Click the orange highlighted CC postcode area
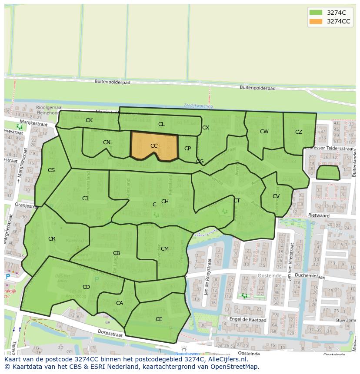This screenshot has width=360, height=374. pyautogui.click(x=154, y=146)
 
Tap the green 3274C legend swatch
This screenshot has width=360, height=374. pyautogui.click(x=315, y=13)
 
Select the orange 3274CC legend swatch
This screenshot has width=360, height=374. pyautogui.click(x=315, y=21)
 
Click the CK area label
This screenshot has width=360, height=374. pyautogui.click(x=89, y=120)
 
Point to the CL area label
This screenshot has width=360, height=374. pyautogui.click(x=161, y=124)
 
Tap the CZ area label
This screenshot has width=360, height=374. pyautogui.click(x=299, y=132)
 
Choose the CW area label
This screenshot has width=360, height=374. pyautogui.click(x=264, y=132)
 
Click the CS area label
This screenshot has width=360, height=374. pyautogui.click(x=51, y=170)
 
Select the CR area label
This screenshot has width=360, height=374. pyautogui.click(x=52, y=239)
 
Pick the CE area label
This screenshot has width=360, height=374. pyautogui.click(x=159, y=319)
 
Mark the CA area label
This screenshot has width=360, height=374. pyautogui.click(x=120, y=303)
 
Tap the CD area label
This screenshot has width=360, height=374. pyautogui.click(x=86, y=287)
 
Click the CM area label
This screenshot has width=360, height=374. pyautogui.click(x=165, y=249)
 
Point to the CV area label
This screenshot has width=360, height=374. pyautogui.click(x=276, y=196)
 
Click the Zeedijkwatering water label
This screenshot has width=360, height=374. pyautogui.click(x=198, y=106)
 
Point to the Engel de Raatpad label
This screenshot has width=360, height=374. pyautogui.click(x=248, y=319)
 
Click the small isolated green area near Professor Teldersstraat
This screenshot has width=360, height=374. pyautogui.click(x=328, y=172)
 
